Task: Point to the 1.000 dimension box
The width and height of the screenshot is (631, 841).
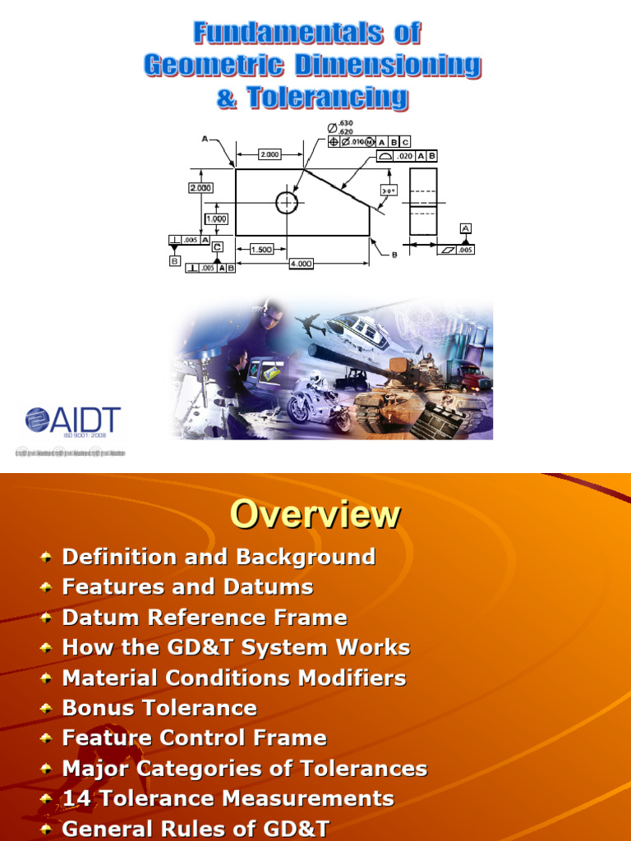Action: (x=217, y=219)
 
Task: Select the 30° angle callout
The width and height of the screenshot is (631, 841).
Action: (x=389, y=190)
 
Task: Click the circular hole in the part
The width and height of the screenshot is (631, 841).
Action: (x=287, y=202)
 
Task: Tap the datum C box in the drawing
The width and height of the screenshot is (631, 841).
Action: (x=217, y=246)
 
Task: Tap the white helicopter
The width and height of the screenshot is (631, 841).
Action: (x=362, y=329)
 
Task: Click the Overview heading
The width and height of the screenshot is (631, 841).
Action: (x=315, y=515)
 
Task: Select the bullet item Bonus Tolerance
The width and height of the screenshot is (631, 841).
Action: (x=159, y=708)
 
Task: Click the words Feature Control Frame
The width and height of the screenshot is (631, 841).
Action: (x=194, y=738)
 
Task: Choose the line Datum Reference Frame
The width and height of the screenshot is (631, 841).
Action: (x=205, y=618)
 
